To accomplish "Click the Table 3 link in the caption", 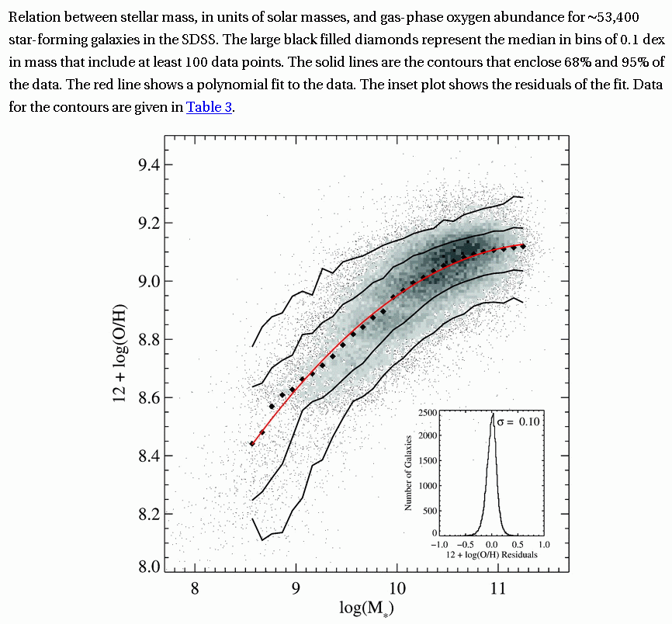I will tap(209, 108).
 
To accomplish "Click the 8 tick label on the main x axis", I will tap(195, 588).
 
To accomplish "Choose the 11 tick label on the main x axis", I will tap(498, 588).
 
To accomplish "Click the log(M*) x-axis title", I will tap(366, 608).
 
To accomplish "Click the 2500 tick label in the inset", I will tap(426, 411).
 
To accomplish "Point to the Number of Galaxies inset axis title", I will tap(408, 472).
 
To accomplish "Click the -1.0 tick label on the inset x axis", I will tap(439, 545).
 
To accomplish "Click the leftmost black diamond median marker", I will tap(252, 444).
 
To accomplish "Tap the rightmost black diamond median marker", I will tap(524, 246).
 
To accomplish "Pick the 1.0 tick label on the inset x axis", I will tap(543, 545).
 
